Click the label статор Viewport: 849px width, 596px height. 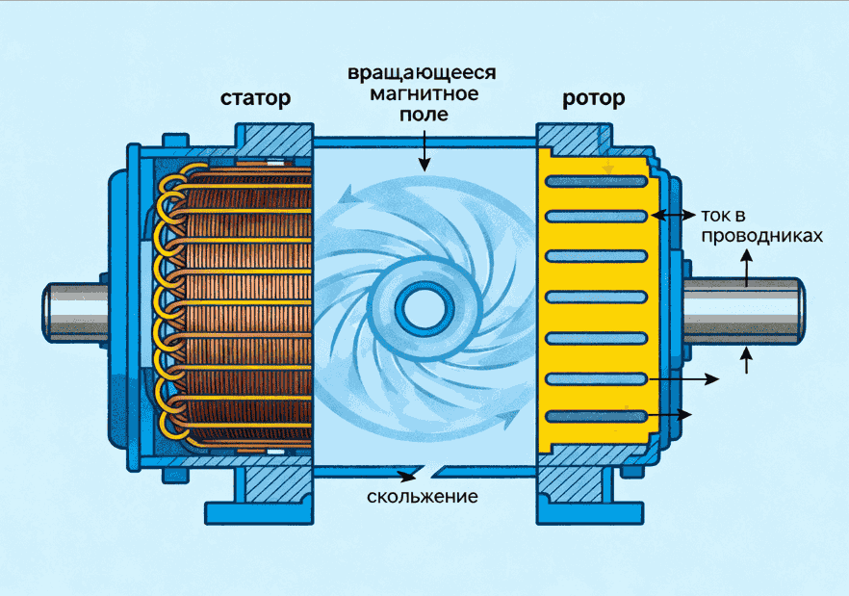point(255,98)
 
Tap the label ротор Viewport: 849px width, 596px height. point(593,98)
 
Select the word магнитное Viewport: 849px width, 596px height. point(424,94)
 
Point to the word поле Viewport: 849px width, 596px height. point(424,115)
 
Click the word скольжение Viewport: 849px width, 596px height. point(423,497)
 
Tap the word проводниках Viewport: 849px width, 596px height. point(761,235)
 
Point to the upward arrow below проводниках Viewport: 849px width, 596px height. point(746,268)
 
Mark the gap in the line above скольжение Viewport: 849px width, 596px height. point(424,474)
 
